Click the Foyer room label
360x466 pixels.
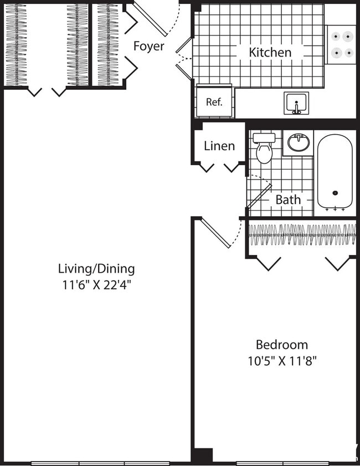(x=148, y=46)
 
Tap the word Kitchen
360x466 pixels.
(x=270, y=53)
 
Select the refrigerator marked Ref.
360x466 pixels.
(x=214, y=101)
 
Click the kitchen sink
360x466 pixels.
(x=296, y=103)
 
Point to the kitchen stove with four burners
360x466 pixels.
(x=341, y=44)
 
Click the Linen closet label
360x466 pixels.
(x=219, y=146)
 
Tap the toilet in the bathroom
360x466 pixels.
(x=264, y=148)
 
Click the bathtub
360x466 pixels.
(x=335, y=172)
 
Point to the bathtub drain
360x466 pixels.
(x=335, y=193)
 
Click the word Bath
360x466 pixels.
(x=288, y=199)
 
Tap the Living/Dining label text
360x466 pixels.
(x=96, y=269)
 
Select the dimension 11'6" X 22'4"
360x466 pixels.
(x=96, y=285)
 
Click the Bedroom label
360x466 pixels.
(x=281, y=344)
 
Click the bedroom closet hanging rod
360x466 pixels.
(x=302, y=235)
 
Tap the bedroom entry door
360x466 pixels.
(x=215, y=233)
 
